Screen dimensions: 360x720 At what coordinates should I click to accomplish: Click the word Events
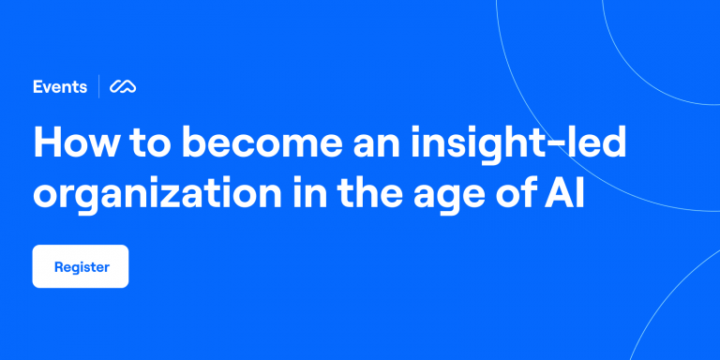point(61,87)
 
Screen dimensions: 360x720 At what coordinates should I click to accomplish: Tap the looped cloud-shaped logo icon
point(124,87)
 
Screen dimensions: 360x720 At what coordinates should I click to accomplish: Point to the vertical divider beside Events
point(99,87)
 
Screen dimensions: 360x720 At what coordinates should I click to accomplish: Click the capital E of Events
point(37,87)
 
